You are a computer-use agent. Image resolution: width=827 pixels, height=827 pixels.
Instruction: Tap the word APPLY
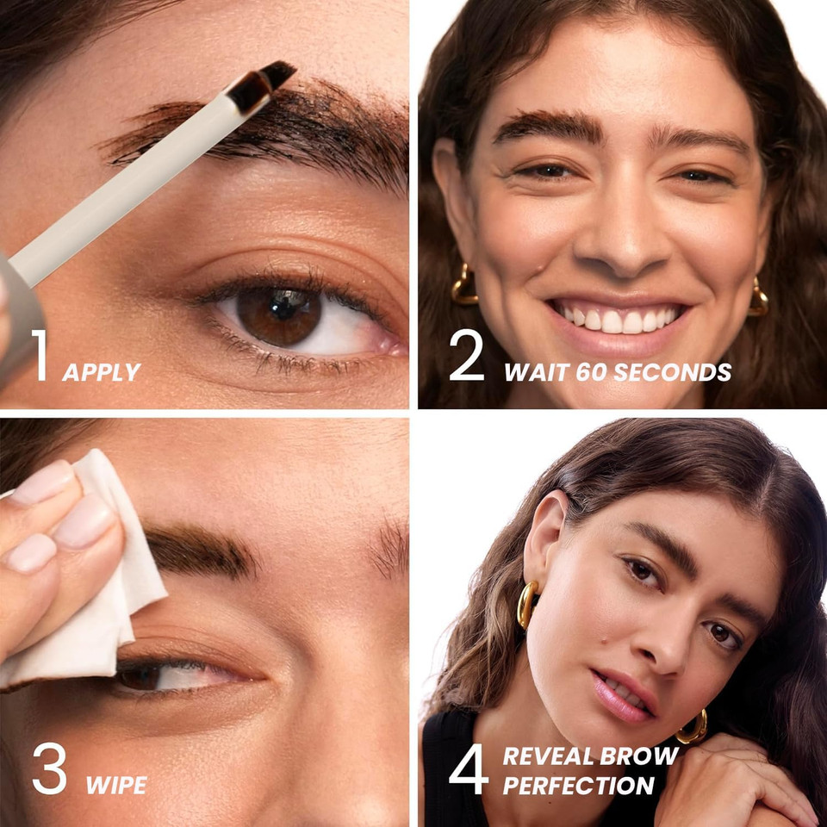click(101, 372)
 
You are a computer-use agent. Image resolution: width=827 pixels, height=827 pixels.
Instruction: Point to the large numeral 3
click(49, 768)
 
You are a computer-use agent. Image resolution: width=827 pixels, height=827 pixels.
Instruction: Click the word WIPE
click(116, 786)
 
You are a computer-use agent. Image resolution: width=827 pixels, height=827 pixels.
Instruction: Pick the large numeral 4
click(469, 768)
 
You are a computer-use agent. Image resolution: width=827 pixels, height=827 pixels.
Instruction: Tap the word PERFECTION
click(579, 786)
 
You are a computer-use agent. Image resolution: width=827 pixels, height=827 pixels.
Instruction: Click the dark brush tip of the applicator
click(263, 84)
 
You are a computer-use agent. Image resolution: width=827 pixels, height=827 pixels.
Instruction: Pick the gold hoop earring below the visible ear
click(527, 604)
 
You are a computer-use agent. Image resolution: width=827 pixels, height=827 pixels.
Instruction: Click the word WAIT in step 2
click(532, 372)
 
